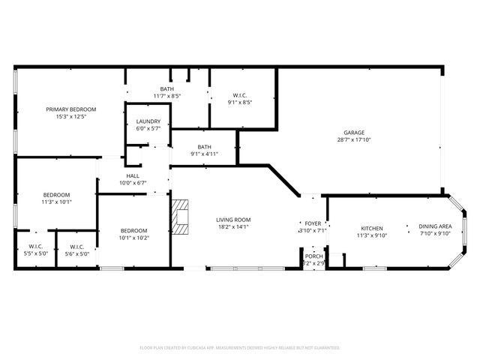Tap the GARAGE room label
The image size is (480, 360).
pyautogui.click(x=355, y=131)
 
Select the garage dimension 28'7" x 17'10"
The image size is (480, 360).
pyautogui.click(x=355, y=139)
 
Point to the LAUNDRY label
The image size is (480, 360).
pyautogui.click(x=147, y=121)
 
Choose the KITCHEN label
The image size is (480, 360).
pyautogui.click(x=372, y=228)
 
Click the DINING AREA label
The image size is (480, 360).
pyautogui.click(x=434, y=226)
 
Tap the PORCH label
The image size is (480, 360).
pyautogui.click(x=313, y=256)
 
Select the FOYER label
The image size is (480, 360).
pyautogui.click(x=313, y=223)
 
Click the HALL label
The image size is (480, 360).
pyautogui.click(x=132, y=175)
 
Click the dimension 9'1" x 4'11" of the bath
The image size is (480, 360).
pyautogui.click(x=204, y=154)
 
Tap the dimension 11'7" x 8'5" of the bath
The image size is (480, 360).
pyautogui.click(x=166, y=96)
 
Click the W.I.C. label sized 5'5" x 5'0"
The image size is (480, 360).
pyautogui.click(x=35, y=247)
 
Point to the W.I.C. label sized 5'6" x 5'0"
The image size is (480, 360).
pyautogui.click(x=76, y=247)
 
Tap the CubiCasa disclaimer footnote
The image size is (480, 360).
pyautogui.click(x=240, y=348)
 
